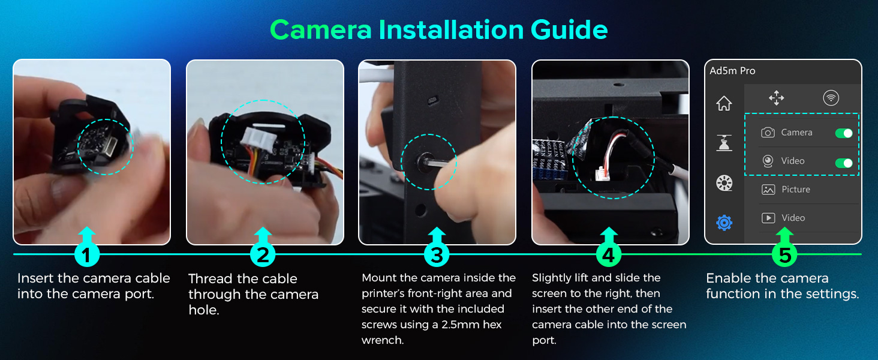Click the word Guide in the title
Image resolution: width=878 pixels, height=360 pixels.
tap(569, 30)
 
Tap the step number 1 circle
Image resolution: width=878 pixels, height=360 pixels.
tap(86, 255)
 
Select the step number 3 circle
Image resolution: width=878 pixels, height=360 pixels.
tap(437, 255)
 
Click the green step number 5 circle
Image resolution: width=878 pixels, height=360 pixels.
tap(784, 255)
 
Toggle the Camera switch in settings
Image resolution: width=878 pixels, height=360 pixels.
tap(844, 133)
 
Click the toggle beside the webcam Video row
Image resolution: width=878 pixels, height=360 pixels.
tap(844, 163)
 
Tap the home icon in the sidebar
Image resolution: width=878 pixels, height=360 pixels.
tap(724, 104)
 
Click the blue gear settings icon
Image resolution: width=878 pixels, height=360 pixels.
tap(724, 223)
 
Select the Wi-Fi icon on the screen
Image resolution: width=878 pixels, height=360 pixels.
tap(831, 98)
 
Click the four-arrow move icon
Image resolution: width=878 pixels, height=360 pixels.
tap(776, 98)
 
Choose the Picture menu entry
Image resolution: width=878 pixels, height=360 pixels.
tap(796, 190)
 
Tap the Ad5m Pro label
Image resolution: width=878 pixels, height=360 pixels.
tap(732, 71)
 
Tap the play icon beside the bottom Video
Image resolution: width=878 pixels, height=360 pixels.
tap(768, 218)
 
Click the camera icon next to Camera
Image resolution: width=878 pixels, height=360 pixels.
tap(768, 133)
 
